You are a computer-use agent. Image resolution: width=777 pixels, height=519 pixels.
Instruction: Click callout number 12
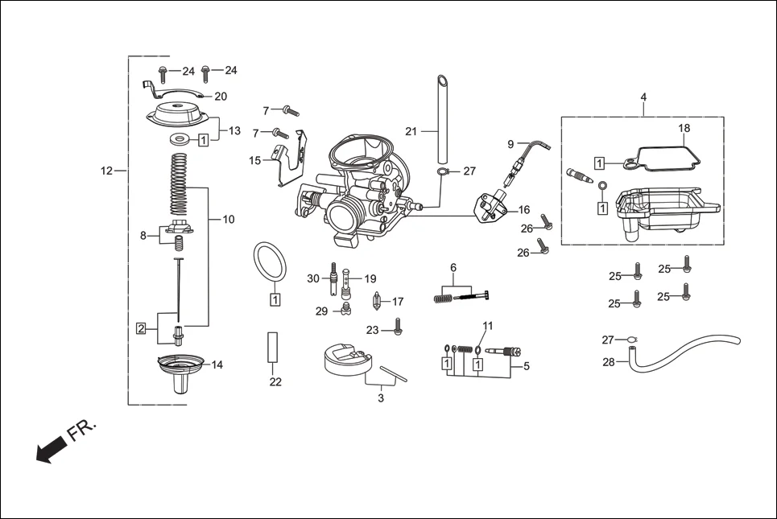[x=107, y=171]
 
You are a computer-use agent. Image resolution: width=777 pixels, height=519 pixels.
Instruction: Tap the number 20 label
[x=221, y=97]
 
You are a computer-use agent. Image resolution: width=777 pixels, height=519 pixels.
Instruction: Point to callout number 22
[x=275, y=382]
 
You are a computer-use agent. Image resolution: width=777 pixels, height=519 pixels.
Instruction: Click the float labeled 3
[x=346, y=358]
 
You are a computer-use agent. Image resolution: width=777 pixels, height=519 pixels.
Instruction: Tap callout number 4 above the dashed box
[x=643, y=97]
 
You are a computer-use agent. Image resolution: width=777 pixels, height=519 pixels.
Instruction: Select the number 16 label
[x=523, y=210]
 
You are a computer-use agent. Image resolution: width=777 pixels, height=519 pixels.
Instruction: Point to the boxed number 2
[x=141, y=328]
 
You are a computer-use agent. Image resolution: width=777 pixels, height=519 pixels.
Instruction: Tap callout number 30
[x=313, y=278]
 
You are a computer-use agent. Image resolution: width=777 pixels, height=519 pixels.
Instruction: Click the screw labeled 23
[x=397, y=326]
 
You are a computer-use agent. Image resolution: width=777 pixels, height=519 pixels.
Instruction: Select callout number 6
[x=453, y=267]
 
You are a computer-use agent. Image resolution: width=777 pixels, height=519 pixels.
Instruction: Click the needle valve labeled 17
[x=375, y=303]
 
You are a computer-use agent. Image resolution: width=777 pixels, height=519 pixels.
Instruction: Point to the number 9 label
[x=510, y=143]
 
